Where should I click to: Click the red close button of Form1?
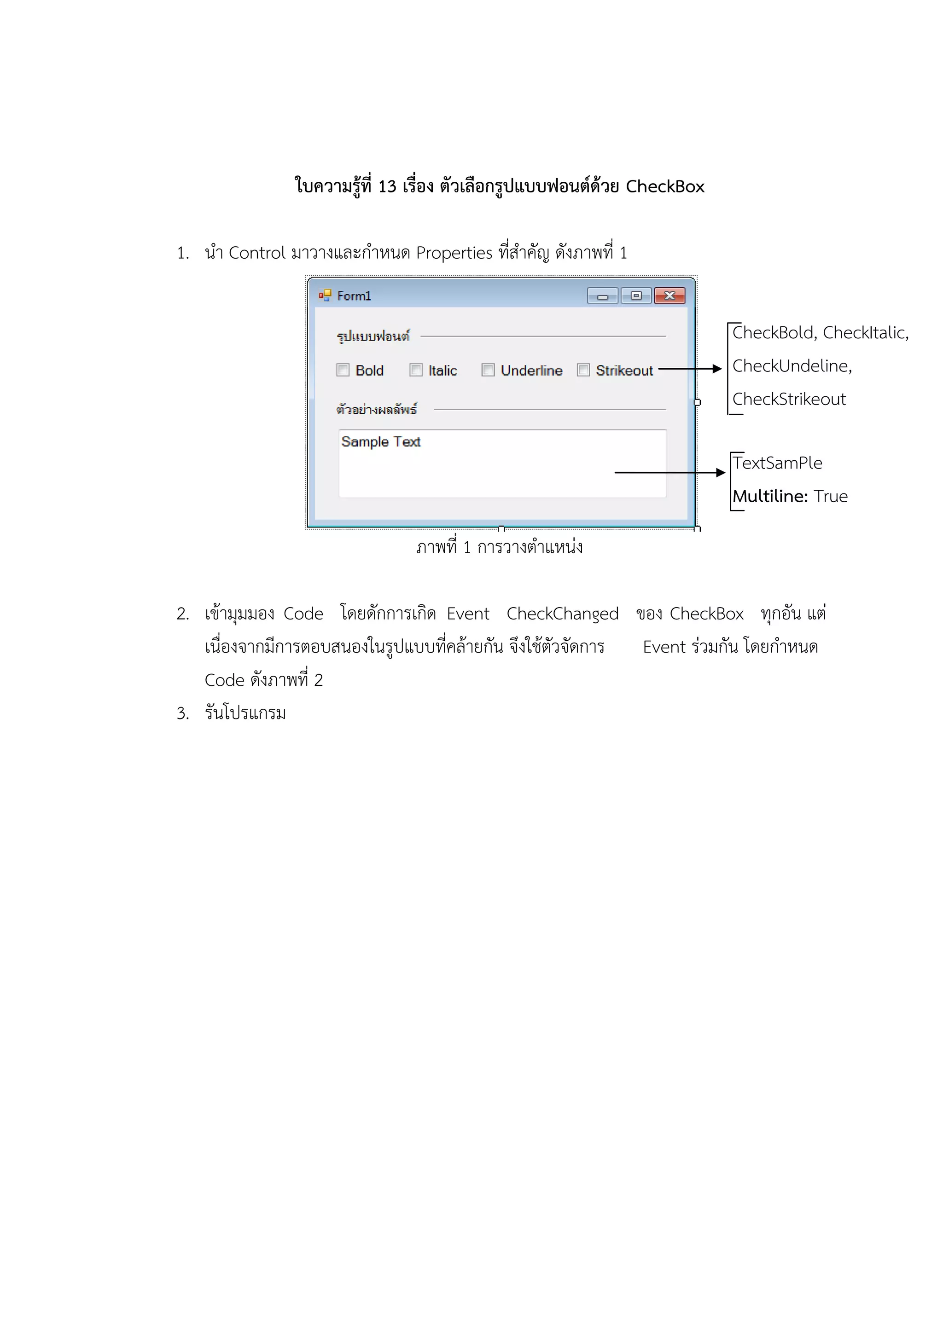(669, 296)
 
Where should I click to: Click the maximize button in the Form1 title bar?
(636, 296)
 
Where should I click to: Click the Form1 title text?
(354, 296)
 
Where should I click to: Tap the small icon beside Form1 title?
(325, 296)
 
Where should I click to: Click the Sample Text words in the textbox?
(381, 442)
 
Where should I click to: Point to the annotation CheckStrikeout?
(789, 400)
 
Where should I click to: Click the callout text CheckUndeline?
(792, 366)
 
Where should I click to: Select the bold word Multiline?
(770, 496)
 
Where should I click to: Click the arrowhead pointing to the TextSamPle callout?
(721, 473)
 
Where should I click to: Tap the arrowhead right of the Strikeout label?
(717, 369)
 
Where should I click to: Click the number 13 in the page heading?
(387, 186)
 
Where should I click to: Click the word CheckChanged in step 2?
(562, 614)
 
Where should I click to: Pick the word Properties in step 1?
(454, 253)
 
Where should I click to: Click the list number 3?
(182, 713)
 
